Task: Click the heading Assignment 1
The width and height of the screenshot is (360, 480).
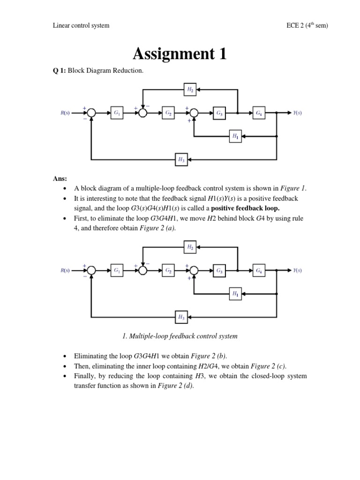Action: [180, 54]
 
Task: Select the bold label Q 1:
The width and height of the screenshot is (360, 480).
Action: [60, 71]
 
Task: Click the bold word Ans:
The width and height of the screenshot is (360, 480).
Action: [60, 179]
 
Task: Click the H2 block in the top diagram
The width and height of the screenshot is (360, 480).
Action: [190, 89]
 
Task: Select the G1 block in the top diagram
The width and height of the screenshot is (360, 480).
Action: [117, 113]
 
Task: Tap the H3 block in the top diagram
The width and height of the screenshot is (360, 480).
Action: [181, 159]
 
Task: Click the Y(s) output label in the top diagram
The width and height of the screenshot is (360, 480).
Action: [297, 113]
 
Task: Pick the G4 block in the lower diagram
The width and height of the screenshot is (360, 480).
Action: [259, 270]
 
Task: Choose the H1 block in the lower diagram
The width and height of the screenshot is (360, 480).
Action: [235, 294]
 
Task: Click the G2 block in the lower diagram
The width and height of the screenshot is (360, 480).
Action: [168, 270]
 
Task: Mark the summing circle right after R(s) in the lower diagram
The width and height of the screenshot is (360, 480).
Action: [91, 270]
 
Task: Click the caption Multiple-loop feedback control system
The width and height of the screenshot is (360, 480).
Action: [180, 336]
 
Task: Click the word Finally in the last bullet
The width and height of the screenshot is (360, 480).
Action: [85, 376]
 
